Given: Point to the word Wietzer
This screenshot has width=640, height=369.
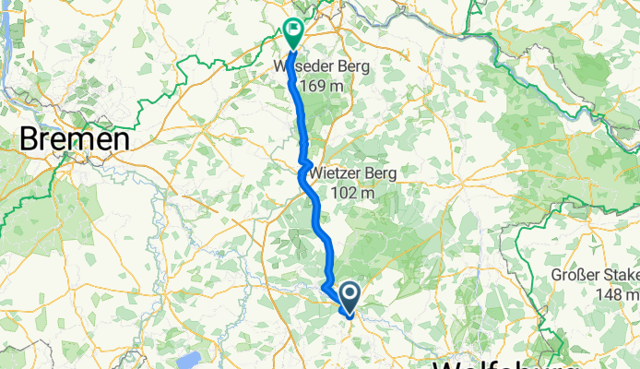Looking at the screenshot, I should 342,173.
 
